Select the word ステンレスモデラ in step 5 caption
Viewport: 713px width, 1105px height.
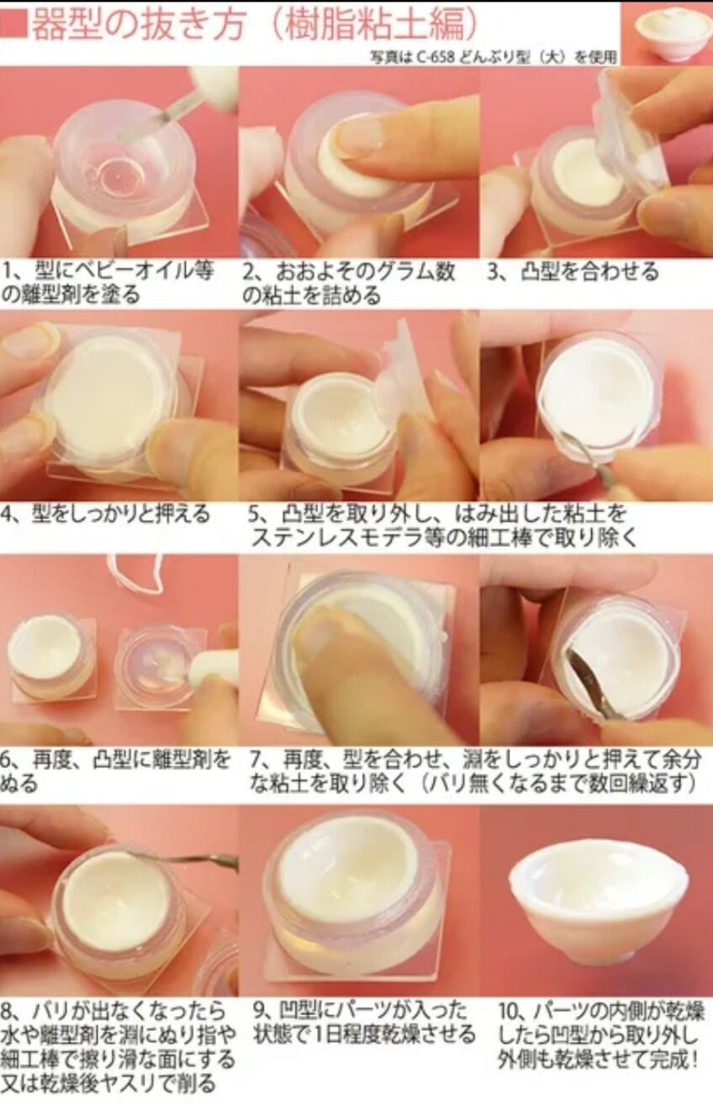(x=336, y=538)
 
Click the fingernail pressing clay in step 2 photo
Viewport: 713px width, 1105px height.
(x=362, y=134)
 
